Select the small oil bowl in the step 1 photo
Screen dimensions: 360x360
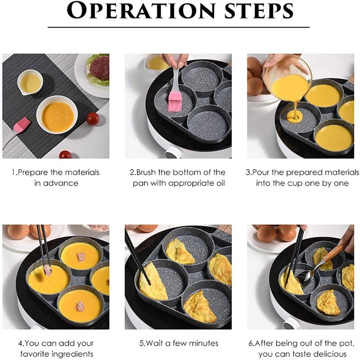click(30, 82)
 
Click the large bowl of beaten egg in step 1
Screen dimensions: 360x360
click(57, 115)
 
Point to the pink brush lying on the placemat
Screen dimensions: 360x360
click(20, 126)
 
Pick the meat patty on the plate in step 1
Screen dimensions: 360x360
click(99, 68)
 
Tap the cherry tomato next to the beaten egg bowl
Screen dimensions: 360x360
click(93, 119)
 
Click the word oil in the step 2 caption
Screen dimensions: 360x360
click(219, 183)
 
